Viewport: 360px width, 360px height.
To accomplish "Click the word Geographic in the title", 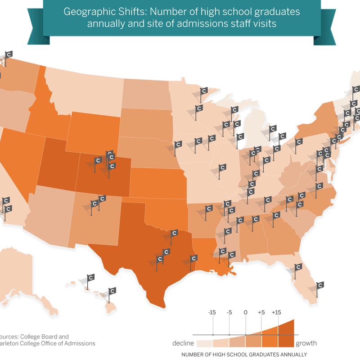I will pyautogui.click(x=85, y=11).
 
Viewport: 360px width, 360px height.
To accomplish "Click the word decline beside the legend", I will pyautogui.click(x=182, y=343).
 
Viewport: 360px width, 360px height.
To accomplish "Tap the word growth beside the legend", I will pyautogui.click(x=306, y=343).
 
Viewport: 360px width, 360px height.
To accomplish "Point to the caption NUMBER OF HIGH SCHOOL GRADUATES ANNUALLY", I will pyautogui.click(x=244, y=354).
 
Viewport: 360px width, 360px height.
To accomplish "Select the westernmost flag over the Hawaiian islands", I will pyautogui.click(x=90, y=278).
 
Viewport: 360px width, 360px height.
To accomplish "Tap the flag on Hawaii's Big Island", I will pyautogui.click(x=111, y=292).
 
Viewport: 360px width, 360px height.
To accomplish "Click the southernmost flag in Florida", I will pyautogui.click(x=319, y=286).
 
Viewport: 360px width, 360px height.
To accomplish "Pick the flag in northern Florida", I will pyautogui.click(x=297, y=268).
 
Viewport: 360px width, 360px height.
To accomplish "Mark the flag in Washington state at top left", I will pyautogui.click(x=9, y=55).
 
